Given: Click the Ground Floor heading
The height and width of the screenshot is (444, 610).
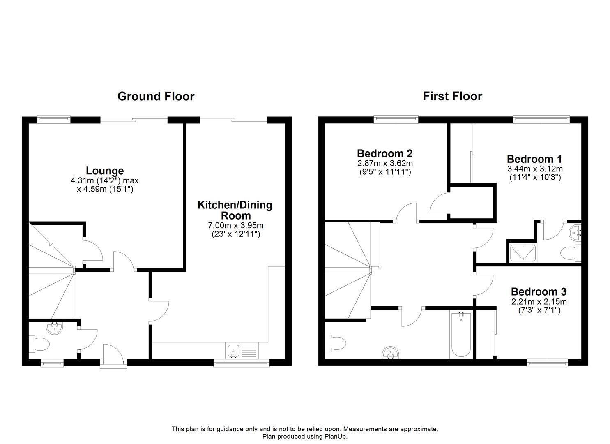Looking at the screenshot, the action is tap(156, 97).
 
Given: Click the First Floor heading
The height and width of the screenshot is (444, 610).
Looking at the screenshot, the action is tap(452, 97).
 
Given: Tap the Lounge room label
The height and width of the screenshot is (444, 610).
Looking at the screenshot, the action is tap(105, 171).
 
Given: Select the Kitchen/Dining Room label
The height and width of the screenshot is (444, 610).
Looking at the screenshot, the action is tap(235, 210).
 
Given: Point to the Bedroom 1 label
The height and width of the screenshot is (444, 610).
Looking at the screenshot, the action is tap(534, 159).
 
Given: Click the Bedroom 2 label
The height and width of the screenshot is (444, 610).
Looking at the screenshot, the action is tap(385, 153).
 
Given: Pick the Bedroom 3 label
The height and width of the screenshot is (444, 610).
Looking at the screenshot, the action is tap(539, 291).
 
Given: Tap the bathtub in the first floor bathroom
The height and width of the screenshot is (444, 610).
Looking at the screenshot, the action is tap(461, 335).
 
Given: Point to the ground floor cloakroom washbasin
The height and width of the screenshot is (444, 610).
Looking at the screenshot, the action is tap(55, 328).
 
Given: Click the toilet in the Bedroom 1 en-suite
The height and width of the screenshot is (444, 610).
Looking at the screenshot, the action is tap(571, 253).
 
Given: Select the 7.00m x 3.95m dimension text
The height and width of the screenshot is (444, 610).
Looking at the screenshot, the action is tap(235, 226).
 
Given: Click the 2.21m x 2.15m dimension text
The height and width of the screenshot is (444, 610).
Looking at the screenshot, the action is tap(539, 302).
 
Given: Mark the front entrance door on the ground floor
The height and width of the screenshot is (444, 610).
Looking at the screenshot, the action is tap(114, 353).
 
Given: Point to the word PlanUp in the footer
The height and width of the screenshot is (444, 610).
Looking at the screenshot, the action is tap(335, 436).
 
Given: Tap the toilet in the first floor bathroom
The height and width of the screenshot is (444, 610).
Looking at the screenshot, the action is tap(336, 343).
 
